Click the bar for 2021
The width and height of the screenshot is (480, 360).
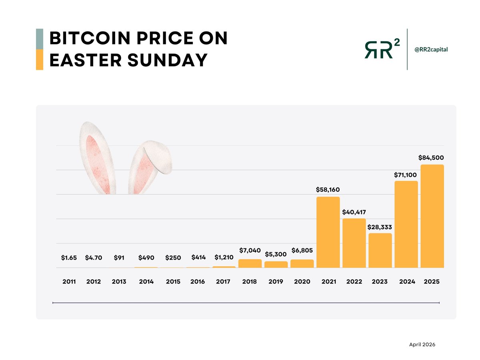coord(328,232)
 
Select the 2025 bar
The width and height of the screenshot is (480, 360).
coord(432,216)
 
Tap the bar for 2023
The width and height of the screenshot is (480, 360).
coord(380,250)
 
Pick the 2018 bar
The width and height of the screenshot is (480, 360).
coord(250,264)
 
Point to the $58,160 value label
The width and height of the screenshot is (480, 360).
coord(328,190)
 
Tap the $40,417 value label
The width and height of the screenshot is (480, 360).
coord(354,212)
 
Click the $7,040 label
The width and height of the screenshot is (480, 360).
coord(250,250)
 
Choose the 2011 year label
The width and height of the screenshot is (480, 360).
coord(70,282)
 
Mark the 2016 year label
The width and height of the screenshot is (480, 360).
coord(198,282)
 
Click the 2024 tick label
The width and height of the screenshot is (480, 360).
coord(406,282)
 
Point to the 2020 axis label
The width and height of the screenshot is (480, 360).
coord(302,282)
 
